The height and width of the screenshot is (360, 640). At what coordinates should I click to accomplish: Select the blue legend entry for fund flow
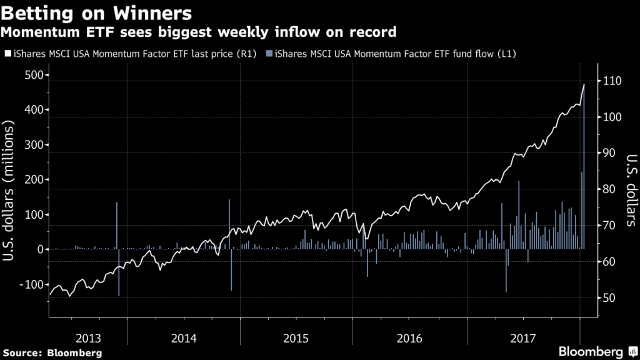[394, 54]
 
